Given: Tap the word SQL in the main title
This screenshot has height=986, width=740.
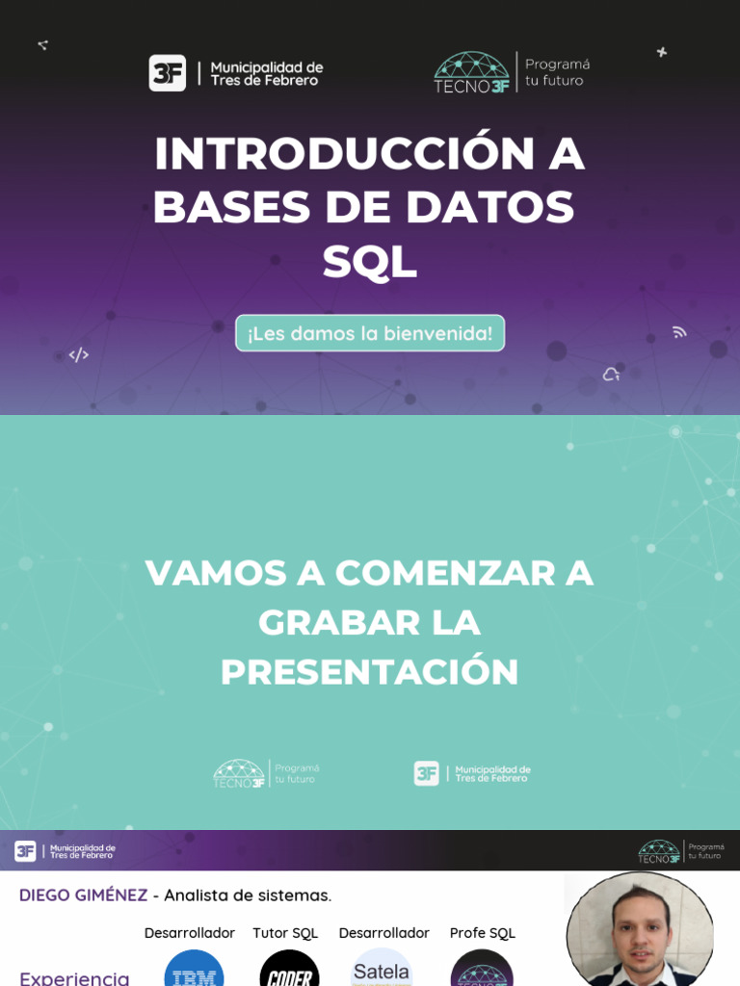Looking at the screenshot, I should pos(370,262).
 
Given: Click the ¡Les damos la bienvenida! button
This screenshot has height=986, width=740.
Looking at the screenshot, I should pos(370,333).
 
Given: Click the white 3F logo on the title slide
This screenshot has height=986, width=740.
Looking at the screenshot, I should pos(167,73).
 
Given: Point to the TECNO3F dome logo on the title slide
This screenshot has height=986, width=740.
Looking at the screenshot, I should pos(471,72).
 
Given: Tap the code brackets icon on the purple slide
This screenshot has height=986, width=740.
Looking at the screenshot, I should pos(79,355).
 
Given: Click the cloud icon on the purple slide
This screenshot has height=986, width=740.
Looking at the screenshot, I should pos(611,375).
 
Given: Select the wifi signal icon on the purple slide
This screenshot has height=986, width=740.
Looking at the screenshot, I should pos(679,332).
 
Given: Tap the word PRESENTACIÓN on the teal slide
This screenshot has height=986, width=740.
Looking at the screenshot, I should pos(370,672).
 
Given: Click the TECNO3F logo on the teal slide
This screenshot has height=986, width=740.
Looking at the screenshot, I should pos(239,773).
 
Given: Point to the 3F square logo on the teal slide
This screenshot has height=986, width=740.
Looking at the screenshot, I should pos(426,773).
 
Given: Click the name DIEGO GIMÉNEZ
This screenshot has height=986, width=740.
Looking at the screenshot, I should pos(84,895).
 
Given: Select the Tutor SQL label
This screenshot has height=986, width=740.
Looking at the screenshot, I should pos(285,933).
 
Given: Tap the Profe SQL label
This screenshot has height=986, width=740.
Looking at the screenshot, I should pos(483,933).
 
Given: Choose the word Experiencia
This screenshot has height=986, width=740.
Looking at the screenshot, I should pos(74,977).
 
